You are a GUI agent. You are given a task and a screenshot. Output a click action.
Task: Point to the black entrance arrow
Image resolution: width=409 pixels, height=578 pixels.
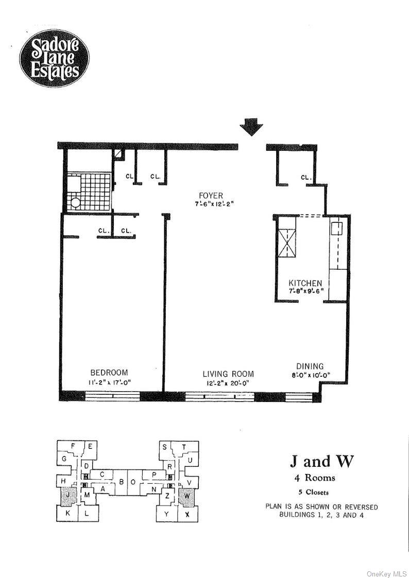[251, 127]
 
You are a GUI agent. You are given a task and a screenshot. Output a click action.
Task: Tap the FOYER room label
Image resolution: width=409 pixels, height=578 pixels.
[211, 195]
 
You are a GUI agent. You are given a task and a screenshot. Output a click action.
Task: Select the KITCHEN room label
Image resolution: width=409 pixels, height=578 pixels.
[305, 283]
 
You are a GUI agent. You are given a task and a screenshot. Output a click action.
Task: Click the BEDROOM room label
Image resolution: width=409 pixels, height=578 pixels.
[109, 373]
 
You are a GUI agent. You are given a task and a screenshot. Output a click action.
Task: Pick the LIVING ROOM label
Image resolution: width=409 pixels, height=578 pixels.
[228, 374]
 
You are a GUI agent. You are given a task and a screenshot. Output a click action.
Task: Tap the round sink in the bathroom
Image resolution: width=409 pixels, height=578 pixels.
[76, 203]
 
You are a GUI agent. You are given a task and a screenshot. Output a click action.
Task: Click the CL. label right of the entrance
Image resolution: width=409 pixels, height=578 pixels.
[306, 178]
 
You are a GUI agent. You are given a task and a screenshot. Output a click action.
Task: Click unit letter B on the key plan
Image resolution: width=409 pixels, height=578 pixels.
[122, 482]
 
